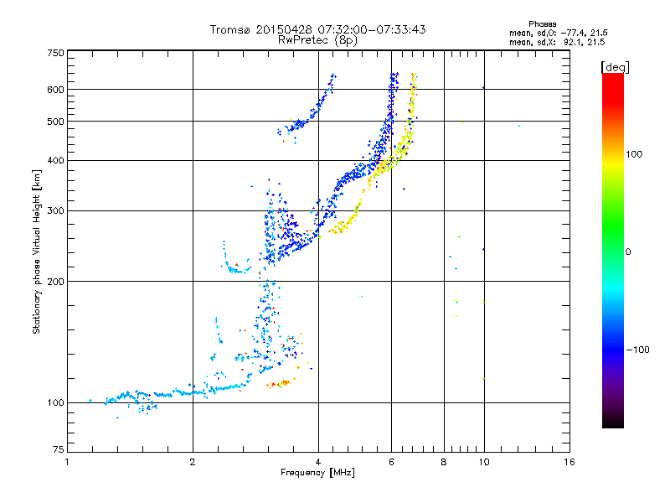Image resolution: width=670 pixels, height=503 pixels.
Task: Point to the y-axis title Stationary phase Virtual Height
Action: pyautogui.click(x=37, y=252)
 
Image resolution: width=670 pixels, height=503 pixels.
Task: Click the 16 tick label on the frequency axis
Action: pyautogui.click(x=569, y=462)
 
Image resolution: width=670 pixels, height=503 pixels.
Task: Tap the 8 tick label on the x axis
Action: pyautogui.click(x=444, y=462)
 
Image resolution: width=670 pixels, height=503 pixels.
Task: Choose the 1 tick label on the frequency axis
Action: pyautogui.click(x=67, y=462)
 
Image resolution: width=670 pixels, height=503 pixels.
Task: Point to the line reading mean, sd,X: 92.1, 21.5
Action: pyautogui.click(x=557, y=41)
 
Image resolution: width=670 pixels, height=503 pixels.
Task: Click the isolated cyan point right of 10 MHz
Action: pyautogui.click(x=519, y=126)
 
